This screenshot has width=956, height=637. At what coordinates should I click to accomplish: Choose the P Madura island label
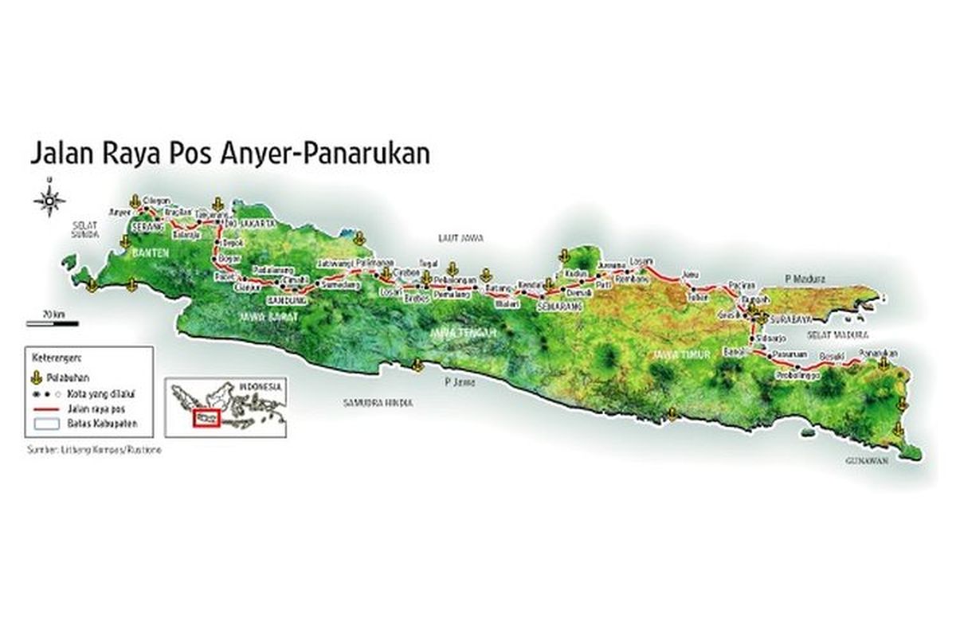pyautogui.click(x=806, y=279)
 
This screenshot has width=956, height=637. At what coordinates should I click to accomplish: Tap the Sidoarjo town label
pyautogui.click(x=779, y=338)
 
